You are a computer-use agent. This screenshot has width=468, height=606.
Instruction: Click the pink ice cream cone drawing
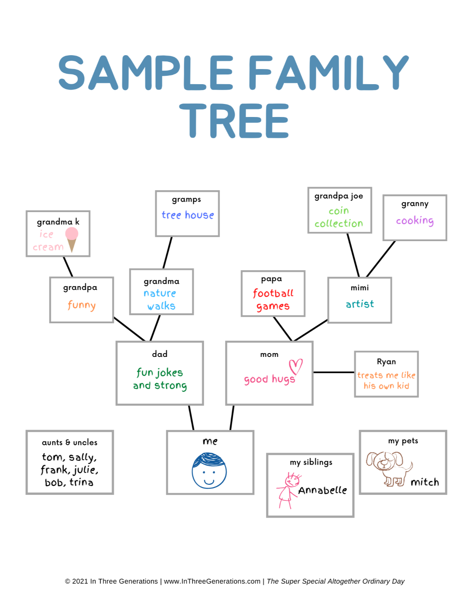(x=72, y=238)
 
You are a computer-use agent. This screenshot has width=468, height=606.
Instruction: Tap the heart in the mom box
(x=295, y=366)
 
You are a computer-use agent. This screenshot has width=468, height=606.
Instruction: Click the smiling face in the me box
(x=209, y=470)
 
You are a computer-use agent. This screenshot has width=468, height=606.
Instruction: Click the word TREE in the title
(x=234, y=121)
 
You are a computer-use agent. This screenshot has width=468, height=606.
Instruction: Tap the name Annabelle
(x=322, y=490)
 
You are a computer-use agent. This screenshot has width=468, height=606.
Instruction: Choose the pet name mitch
(x=425, y=482)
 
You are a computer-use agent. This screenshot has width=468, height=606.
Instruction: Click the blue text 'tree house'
(x=188, y=215)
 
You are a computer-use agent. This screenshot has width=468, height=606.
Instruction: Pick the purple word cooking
(x=415, y=221)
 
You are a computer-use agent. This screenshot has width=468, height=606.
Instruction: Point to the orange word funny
(x=82, y=305)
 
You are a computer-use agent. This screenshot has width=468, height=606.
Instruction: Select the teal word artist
(x=360, y=304)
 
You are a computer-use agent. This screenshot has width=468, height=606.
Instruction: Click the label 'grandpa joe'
(x=339, y=196)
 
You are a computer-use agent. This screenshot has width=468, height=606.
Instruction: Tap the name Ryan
(x=386, y=361)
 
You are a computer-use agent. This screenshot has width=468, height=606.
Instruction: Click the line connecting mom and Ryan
(x=334, y=372)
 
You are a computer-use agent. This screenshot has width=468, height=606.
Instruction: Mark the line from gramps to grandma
(x=168, y=252)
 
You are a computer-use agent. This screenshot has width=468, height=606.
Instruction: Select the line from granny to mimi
(x=381, y=259)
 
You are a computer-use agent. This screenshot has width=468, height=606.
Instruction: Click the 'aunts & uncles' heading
(x=69, y=442)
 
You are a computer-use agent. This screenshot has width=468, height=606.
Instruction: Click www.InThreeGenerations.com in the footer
(x=212, y=581)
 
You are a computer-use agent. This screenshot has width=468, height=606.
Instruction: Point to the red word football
(x=273, y=293)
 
